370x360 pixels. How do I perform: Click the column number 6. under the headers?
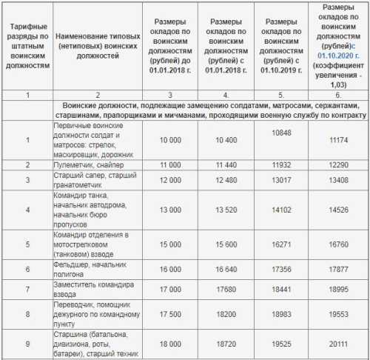pyautogui.click(x=337, y=95)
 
